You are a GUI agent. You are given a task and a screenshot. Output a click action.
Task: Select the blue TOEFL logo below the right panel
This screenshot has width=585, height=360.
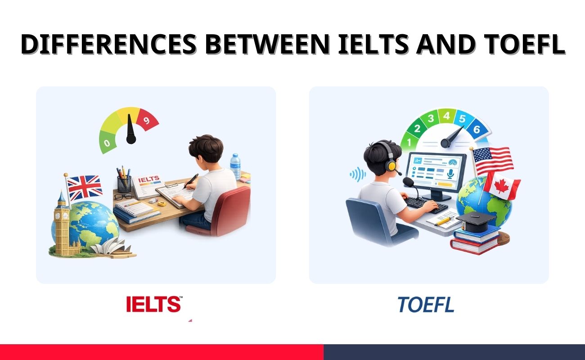[426, 305]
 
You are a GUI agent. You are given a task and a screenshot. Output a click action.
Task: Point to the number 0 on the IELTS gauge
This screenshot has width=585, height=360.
[107, 143]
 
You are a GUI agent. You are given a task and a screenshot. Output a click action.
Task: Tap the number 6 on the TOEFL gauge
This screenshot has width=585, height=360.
[477, 130]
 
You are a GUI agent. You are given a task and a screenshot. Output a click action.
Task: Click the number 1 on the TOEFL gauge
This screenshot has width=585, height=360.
[409, 142]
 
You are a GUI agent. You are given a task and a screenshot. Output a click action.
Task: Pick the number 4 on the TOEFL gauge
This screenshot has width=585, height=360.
[446, 116]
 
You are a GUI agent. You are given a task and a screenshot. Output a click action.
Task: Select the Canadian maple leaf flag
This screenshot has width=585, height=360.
[503, 186]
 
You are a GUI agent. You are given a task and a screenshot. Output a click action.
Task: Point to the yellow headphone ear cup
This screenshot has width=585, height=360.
[392, 166]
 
